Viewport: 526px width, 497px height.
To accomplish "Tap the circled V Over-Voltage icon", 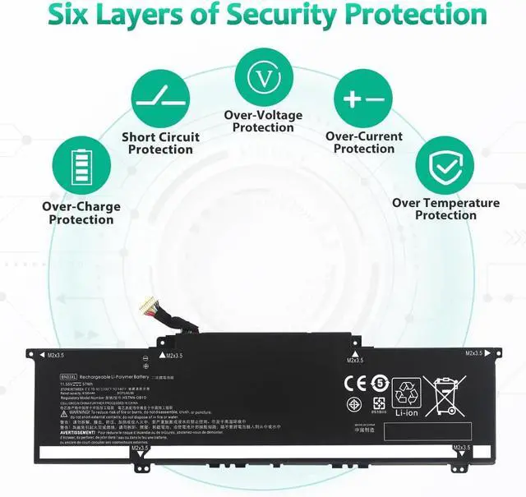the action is coord(263,78).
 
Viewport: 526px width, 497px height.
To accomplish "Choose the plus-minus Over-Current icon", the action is coord(363,99).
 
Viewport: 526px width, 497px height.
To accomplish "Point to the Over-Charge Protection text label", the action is coord(81,213).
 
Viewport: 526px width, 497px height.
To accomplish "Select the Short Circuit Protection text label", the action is coord(160,143).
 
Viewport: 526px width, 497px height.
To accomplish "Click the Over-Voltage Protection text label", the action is coord(263,121).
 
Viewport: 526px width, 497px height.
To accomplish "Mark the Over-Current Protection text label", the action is coord(364,142).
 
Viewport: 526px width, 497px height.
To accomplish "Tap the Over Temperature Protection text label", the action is coord(445,209).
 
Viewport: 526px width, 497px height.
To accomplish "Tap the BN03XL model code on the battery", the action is coord(67,376).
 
